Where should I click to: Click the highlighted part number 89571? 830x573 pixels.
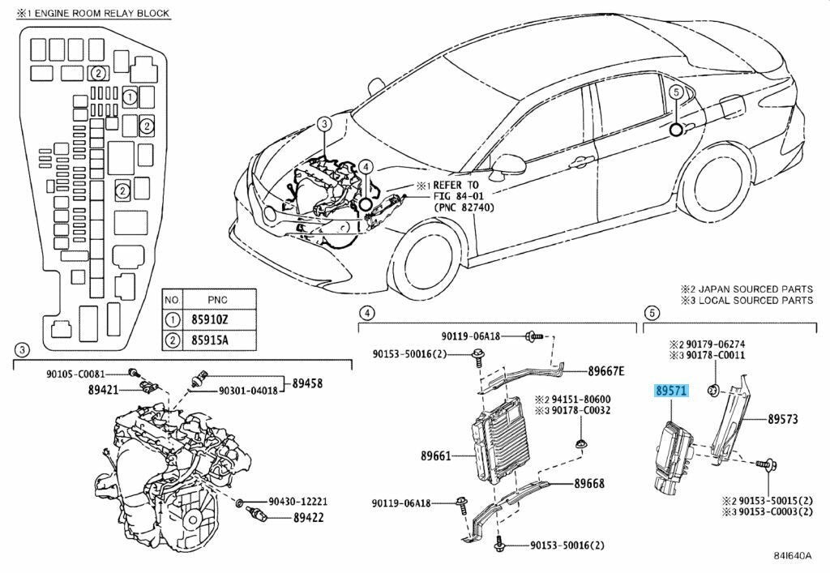670,390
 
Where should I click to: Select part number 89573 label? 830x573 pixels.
783,419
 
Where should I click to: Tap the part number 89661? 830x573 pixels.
436,455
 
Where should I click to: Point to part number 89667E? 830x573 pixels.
605,371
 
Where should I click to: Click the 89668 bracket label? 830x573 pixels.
589,484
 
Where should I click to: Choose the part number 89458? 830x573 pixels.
308,382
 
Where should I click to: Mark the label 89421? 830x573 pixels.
104,390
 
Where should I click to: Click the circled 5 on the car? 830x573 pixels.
675,92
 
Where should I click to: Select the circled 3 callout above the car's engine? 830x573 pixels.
323,124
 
